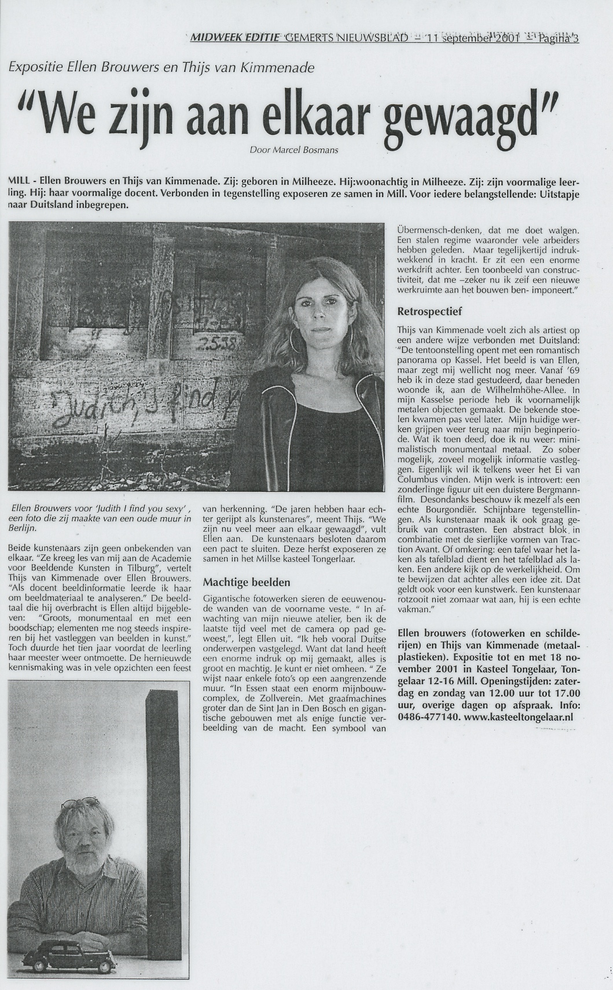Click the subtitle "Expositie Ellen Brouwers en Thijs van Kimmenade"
pos(161,67)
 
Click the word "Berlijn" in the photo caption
pos(22,528)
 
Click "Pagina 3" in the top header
pos(559,39)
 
